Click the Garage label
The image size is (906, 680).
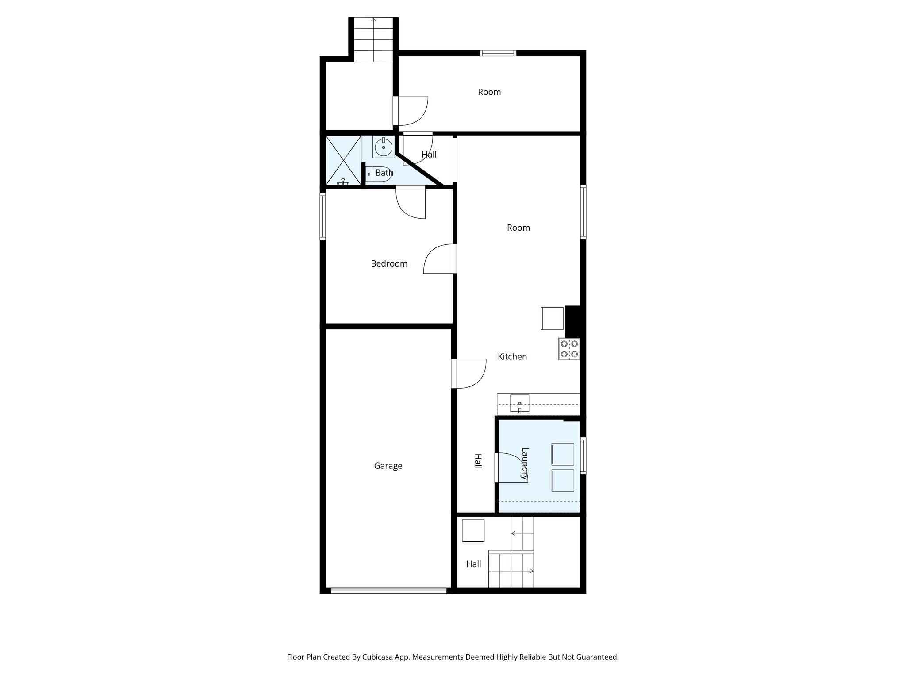click(x=388, y=466)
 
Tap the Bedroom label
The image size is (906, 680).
click(x=389, y=263)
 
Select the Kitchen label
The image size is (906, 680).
click(x=512, y=357)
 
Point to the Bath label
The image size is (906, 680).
click(x=384, y=173)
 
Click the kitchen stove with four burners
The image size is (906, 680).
click(x=569, y=348)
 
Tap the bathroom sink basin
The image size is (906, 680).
click(x=384, y=147)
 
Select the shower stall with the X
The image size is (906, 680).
click(x=343, y=160)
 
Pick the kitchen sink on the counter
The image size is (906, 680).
click(x=520, y=404)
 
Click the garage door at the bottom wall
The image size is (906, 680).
click(x=388, y=590)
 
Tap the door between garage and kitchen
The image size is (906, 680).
click(x=469, y=374)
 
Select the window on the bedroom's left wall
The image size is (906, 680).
click(x=323, y=216)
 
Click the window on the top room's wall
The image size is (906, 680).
click(x=498, y=54)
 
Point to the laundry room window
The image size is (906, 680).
click(x=583, y=456)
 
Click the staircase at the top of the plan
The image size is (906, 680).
click(x=374, y=40)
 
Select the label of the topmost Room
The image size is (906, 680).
click(x=489, y=92)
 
